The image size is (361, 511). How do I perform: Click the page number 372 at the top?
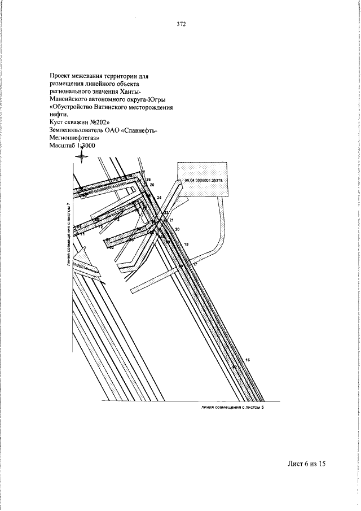[x=180, y=24]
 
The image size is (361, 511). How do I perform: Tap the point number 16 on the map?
[x=248, y=360]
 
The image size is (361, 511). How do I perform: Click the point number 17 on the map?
[x=195, y=264]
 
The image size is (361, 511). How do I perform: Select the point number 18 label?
[x=186, y=243]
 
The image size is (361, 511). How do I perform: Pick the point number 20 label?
[x=177, y=229]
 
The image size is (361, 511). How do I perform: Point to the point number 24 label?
[x=159, y=197]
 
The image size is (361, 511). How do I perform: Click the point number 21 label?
[x=171, y=220]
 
